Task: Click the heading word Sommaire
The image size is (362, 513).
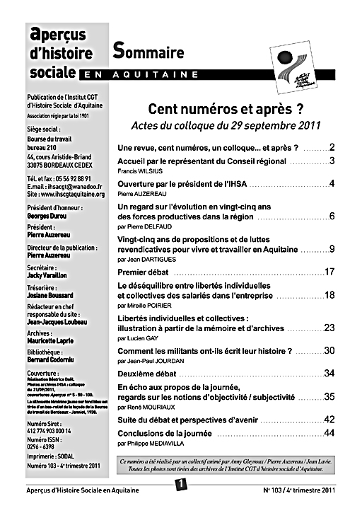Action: point(148,52)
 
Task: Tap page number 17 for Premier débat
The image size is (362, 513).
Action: point(329,272)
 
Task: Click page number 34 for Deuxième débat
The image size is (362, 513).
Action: point(329,373)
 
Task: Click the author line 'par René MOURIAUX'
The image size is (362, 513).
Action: point(146,408)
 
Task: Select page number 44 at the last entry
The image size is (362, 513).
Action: point(329,432)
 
